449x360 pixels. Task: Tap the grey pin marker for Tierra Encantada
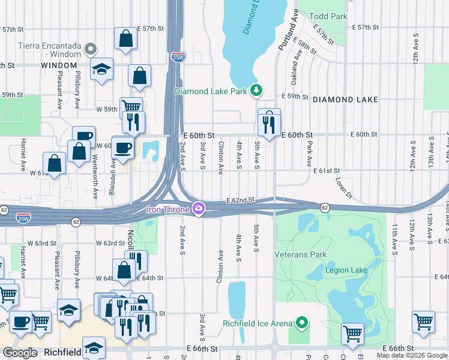[x=91, y=48]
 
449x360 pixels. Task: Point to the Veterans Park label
[x=300, y=254]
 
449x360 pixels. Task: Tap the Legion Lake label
[x=346, y=270]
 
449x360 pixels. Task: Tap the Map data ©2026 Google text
[x=412, y=355]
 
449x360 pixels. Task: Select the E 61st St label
[x=328, y=171]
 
